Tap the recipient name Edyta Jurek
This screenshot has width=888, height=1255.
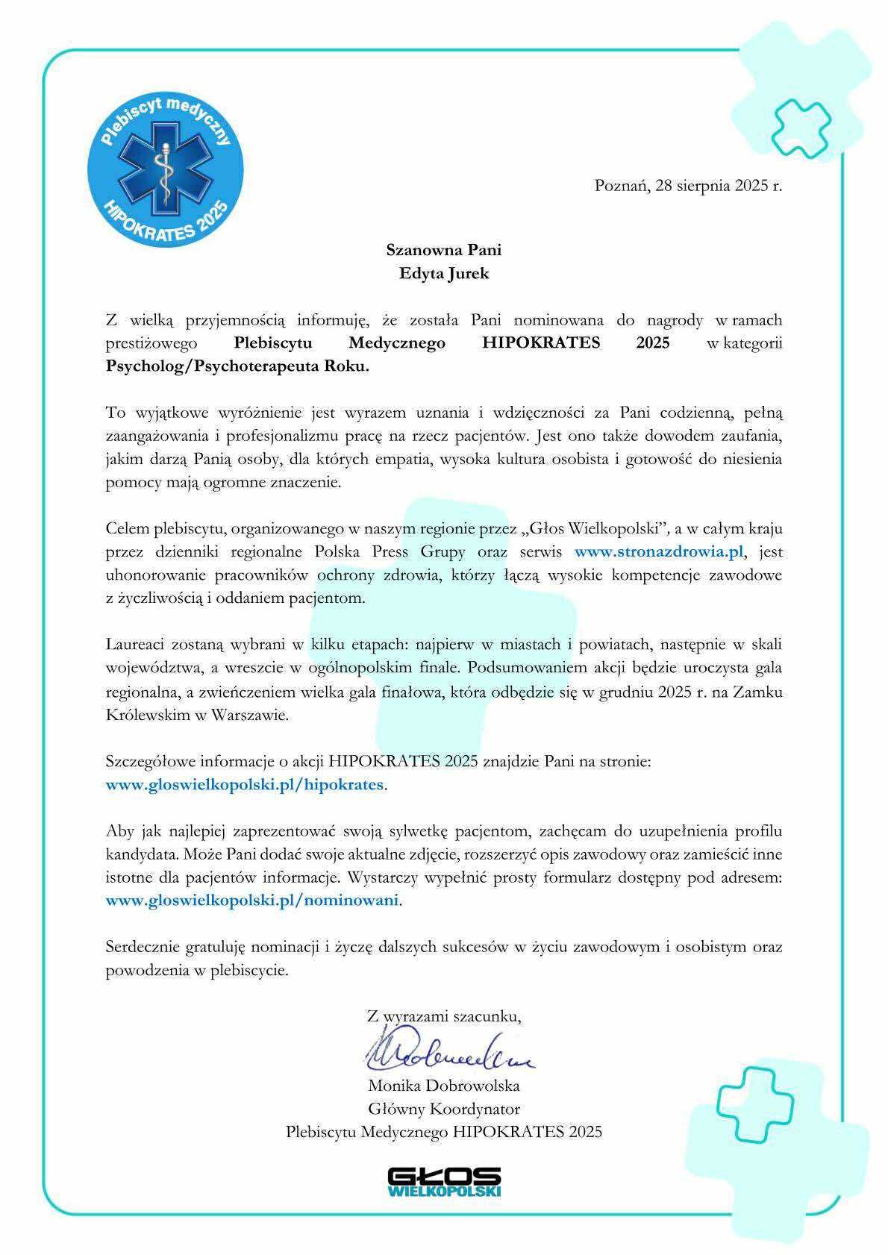pyautogui.click(x=445, y=273)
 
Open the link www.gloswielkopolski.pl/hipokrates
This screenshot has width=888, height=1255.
pyautogui.click(x=246, y=784)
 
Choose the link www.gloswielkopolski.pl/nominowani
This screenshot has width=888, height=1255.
pyautogui.click(x=253, y=900)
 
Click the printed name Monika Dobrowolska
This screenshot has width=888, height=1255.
pyautogui.click(x=444, y=1085)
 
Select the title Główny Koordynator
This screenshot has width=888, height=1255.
pyautogui.click(x=444, y=1108)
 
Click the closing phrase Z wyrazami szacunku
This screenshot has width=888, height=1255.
pyautogui.click(x=444, y=1015)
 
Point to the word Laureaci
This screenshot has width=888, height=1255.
pyautogui.click(x=134, y=644)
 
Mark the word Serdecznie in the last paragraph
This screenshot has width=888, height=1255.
pyautogui.click(x=140, y=947)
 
